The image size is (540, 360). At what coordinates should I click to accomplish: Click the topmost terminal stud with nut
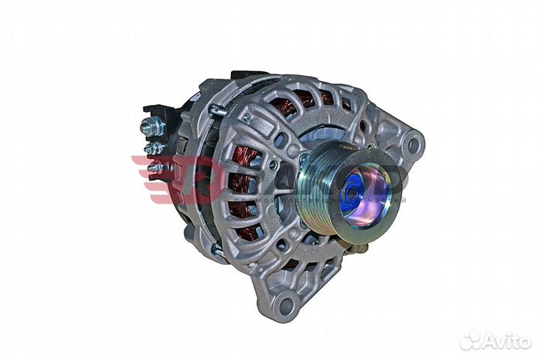150,128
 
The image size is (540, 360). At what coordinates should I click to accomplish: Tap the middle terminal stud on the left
152,148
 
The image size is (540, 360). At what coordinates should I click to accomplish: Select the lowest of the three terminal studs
154,167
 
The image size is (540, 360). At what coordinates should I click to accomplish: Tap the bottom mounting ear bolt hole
284,304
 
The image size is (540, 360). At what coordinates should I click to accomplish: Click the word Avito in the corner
507,341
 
